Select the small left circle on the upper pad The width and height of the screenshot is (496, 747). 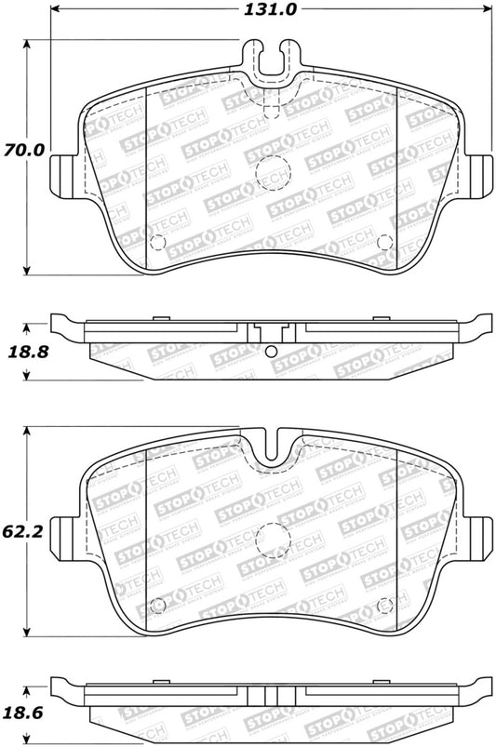click(x=157, y=244)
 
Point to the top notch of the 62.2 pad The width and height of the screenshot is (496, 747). click(x=272, y=446)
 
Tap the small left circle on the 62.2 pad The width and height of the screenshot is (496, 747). click(x=157, y=606)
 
